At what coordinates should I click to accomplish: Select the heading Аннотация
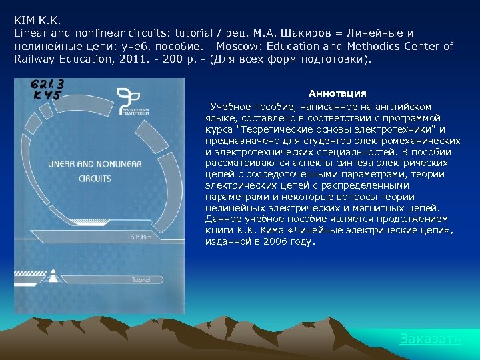[x=337, y=93]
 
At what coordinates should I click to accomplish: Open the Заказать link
[x=430, y=339]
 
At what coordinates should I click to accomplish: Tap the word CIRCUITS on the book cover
[x=94, y=179]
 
